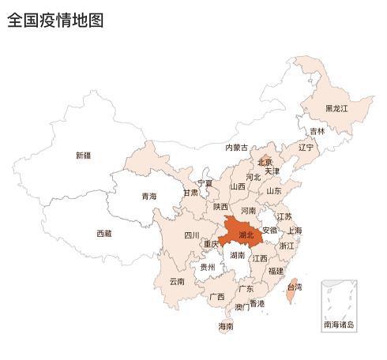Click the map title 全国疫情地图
pyautogui.click(x=55, y=21)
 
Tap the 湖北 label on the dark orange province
pyautogui.click(x=246, y=234)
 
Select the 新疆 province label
pyautogui.click(x=83, y=156)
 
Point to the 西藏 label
pyautogui.click(x=104, y=233)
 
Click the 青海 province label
pyautogui.click(x=148, y=196)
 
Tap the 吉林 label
pyautogui.click(x=317, y=131)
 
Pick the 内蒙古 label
pyautogui.click(x=236, y=148)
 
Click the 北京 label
pyautogui.click(x=265, y=162)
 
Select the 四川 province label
pyautogui.click(x=192, y=234)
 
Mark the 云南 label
pyautogui.click(x=177, y=281)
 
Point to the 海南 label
pyautogui.click(x=226, y=326)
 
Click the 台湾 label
pyautogui.click(x=294, y=288)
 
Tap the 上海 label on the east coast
pyautogui.click(x=294, y=231)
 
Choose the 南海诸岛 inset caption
pyautogui.click(x=339, y=324)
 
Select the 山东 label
pyautogui.click(x=274, y=190)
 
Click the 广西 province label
pyautogui.click(x=217, y=297)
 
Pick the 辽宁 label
pyautogui.click(x=306, y=147)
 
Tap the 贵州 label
pyautogui.click(x=207, y=267)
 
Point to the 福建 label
pyautogui.click(x=276, y=270)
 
